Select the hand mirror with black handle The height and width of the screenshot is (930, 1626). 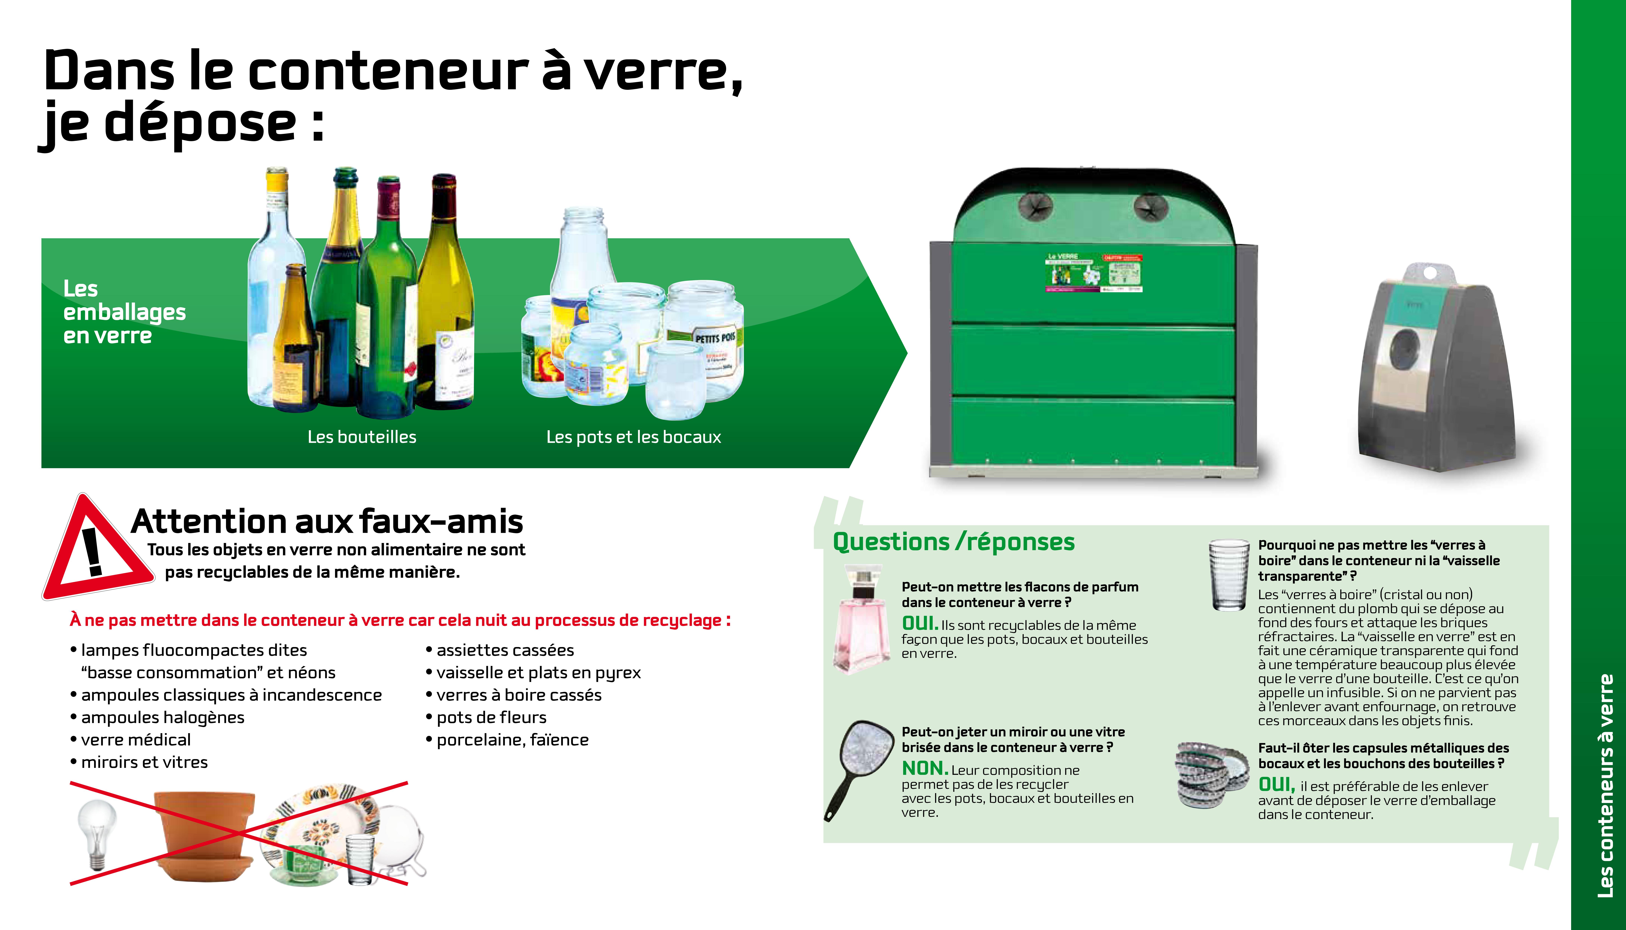(859, 770)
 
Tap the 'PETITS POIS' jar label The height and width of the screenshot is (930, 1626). (715, 337)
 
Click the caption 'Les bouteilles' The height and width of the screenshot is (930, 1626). (362, 437)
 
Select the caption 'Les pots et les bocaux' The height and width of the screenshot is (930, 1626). (633, 437)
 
